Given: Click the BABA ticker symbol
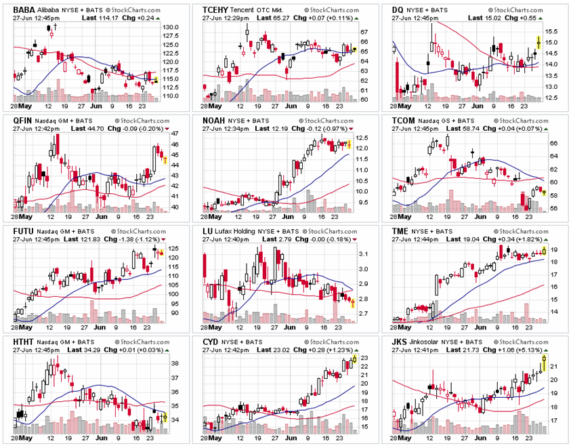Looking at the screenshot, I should coord(25,10).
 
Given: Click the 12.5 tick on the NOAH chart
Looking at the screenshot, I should coord(361,137).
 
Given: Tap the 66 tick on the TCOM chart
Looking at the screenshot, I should coord(551,144).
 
